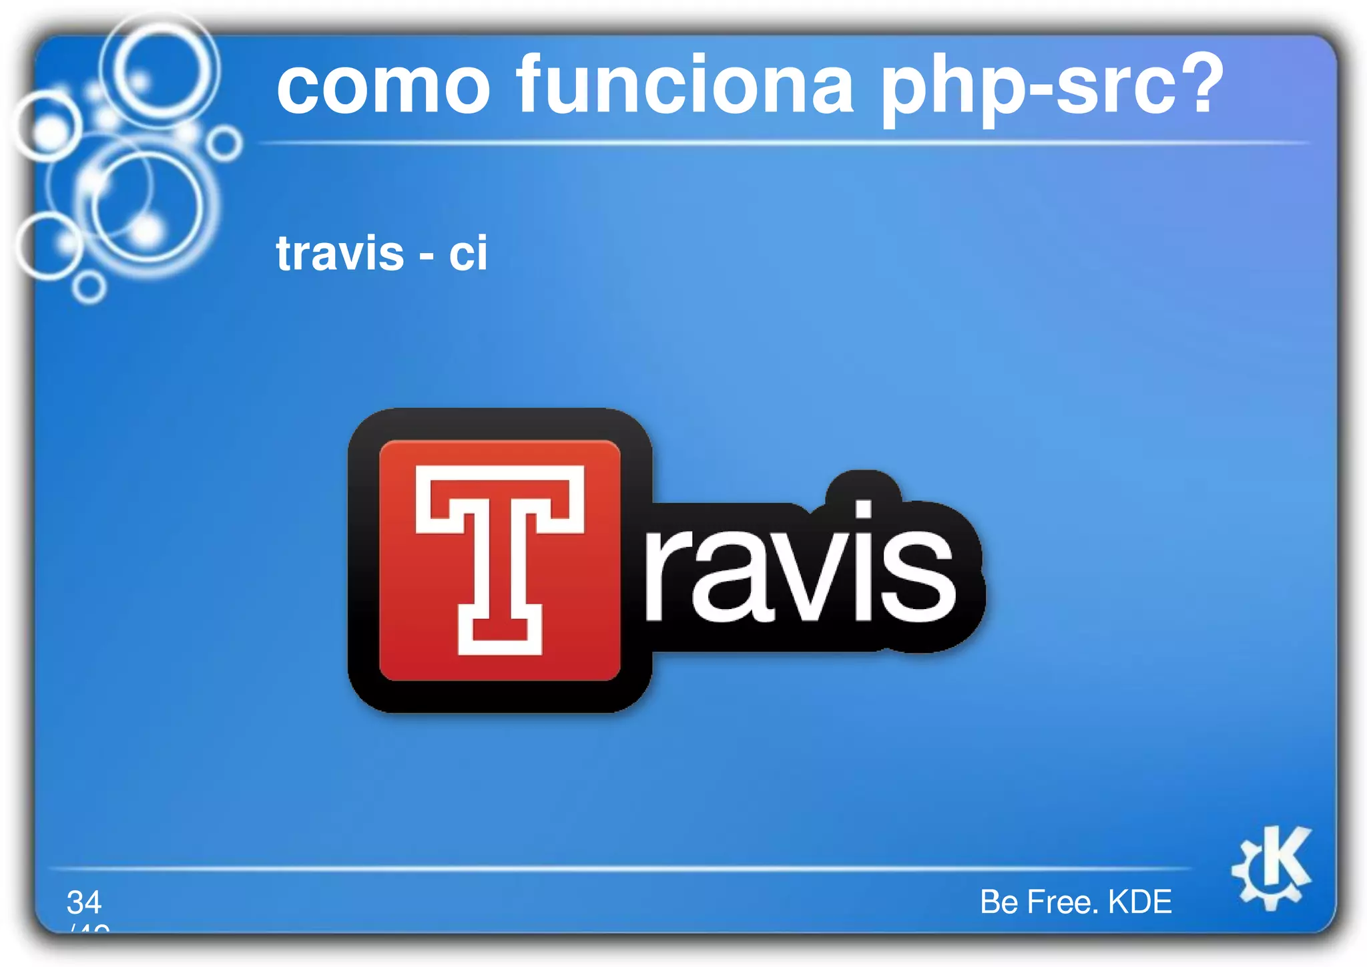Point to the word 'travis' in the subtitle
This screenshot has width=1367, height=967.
pyautogui.click(x=340, y=253)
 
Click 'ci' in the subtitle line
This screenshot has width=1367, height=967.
pyautogui.click(x=468, y=253)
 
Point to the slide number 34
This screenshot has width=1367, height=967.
pyautogui.click(x=84, y=902)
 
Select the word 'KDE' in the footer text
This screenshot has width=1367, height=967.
pyautogui.click(x=1139, y=902)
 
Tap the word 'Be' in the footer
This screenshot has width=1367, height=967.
pyautogui.click(x=999, y=902)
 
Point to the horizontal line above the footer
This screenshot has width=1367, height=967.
pyautogui.click(x=621, y=868)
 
